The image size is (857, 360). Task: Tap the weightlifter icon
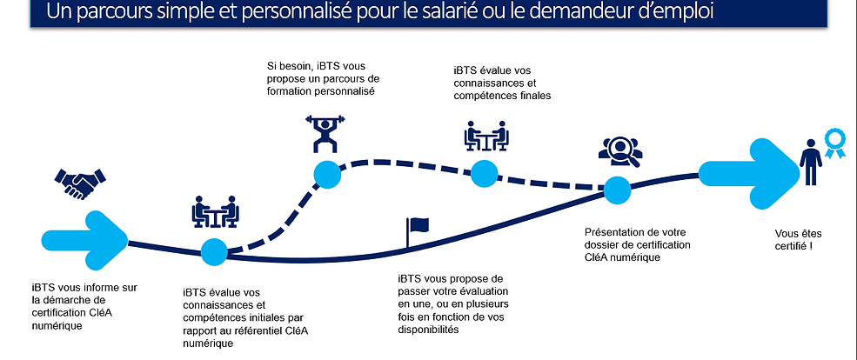click(x=326, y=133)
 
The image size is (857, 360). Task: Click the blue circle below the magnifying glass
click(x=617, y=189)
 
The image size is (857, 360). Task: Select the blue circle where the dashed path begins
click(x=214, y=251)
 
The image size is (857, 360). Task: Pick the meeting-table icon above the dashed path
click(x=485, y=137)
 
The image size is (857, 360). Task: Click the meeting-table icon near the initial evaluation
click(x=214, y=212)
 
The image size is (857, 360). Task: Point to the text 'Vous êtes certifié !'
click(x=798, y=239)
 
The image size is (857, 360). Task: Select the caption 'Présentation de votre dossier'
click(x=639, y=245)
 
